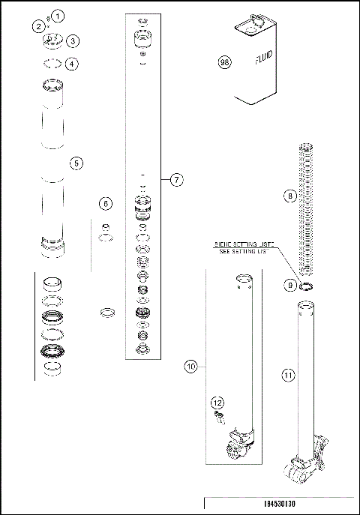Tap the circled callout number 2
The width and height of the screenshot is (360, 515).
tap(37, 26)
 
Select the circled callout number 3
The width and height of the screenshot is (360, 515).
tap(73, 40)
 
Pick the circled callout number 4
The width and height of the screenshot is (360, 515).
tap(72, 64)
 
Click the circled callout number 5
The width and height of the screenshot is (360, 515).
tap(76, 163)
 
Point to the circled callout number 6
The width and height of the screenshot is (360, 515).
tap(106, 204)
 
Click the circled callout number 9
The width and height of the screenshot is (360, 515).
tap(289, 285)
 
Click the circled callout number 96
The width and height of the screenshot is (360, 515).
tap(223, 62)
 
